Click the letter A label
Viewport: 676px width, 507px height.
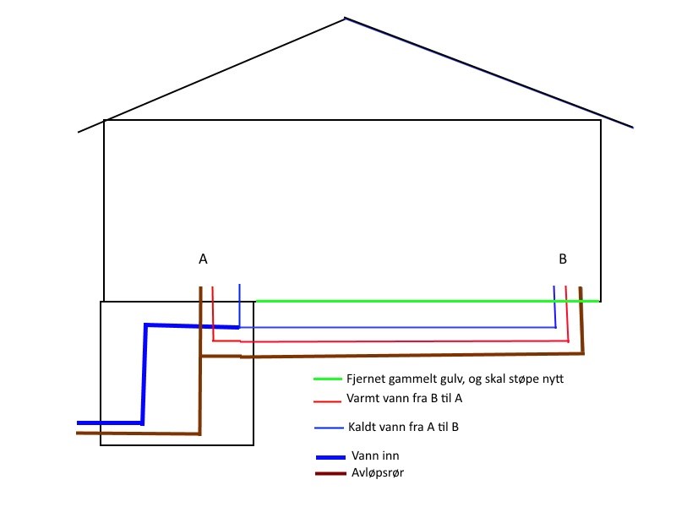203,259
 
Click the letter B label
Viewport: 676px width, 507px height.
563,259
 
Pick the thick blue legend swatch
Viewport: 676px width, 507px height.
330,457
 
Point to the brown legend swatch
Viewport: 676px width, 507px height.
330,473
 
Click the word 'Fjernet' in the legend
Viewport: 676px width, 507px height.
366,379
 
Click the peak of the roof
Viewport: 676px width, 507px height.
345,18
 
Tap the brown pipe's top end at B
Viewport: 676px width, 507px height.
581,289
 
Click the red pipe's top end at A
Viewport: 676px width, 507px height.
212,288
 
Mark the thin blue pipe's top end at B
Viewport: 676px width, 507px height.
554,288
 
